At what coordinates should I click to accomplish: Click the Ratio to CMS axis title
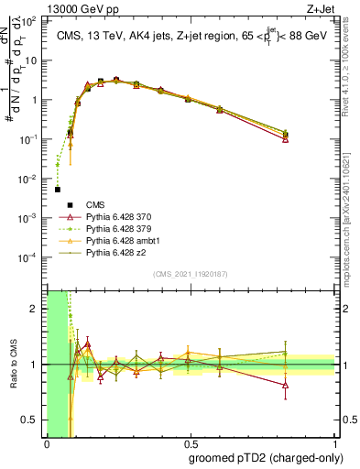coord(12,365)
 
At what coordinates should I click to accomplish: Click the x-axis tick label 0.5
coord(191,445)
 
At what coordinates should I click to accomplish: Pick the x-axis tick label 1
coord(333,445)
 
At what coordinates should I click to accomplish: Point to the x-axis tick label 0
coord(47,445)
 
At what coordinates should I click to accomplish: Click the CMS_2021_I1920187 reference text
coord(190,274)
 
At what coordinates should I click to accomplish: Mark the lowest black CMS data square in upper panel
coord(58,190)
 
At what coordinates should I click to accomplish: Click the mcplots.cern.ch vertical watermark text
coord(352,211)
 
